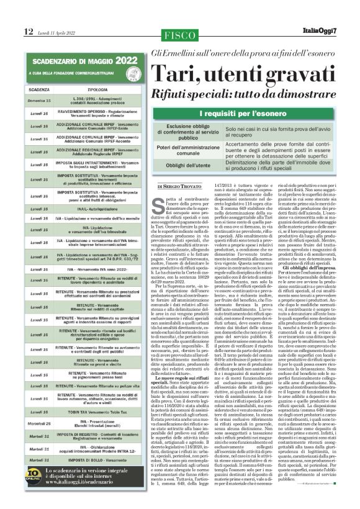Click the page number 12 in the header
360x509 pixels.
click(29, 31)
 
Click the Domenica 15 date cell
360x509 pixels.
click(39, 100)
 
